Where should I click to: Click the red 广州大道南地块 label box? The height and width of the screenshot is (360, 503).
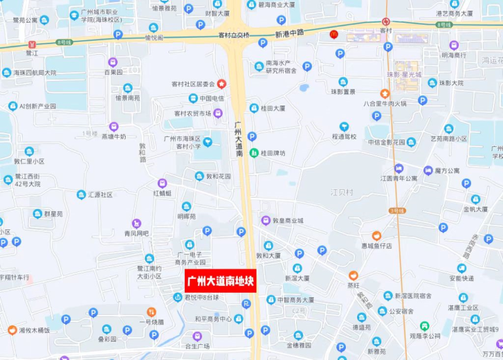[219, 281]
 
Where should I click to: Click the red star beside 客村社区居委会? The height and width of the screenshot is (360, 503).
[221, 84]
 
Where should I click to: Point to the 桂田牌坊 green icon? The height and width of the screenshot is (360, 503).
[255, 153]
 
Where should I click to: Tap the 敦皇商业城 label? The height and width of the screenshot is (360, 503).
[287, 221]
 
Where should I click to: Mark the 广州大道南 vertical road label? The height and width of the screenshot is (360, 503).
[239, 139]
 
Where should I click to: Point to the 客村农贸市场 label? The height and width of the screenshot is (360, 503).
[192, 113]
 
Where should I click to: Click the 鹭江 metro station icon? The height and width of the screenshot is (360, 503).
[31, 45]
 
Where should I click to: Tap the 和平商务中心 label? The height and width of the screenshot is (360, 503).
[213, 319]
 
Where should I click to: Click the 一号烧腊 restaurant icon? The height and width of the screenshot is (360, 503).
[151, 312]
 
